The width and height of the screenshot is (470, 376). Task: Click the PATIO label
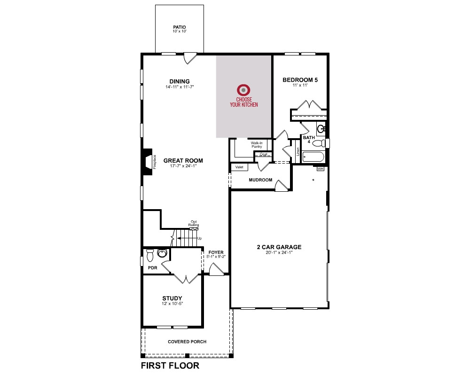point(179,27)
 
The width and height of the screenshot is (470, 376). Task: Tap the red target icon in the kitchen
point(243,90)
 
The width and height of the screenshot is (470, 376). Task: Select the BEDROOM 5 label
point(300,80)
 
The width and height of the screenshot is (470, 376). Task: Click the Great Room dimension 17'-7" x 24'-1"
point(183,166)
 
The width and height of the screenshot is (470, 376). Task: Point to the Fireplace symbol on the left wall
point(148,162)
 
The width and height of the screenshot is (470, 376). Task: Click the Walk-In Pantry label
point(257,145)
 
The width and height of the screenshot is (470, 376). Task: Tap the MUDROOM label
point(260,180)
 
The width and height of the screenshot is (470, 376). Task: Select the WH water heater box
point(321,169)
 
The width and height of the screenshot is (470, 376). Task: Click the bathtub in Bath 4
point(313,157)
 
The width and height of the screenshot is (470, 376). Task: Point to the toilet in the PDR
point(150,255)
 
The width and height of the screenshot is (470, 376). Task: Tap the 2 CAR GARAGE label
point(279,247)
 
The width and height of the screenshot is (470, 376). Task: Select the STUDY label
point(172,298)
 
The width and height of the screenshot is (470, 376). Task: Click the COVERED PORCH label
point(187,342)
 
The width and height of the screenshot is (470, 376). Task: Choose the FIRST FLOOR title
point(170,366)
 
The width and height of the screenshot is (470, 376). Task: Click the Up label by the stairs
point(199,238)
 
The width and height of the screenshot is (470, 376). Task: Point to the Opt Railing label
point(194,223)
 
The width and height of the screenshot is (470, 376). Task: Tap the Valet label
point(239,167)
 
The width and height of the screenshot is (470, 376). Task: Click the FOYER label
point(216,252)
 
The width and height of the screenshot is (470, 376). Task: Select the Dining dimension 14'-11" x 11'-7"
point(180,87)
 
